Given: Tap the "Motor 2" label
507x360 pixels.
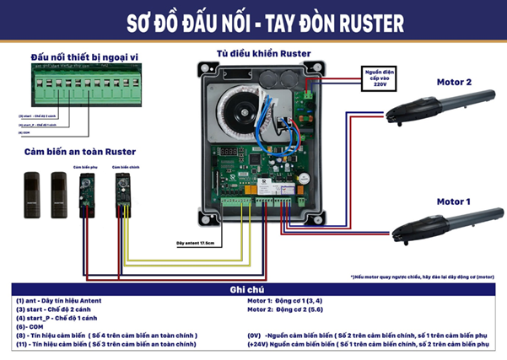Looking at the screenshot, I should [454, 82].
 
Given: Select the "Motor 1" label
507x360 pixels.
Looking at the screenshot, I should [454, 201].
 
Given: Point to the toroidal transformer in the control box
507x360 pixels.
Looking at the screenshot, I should [240, 110].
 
